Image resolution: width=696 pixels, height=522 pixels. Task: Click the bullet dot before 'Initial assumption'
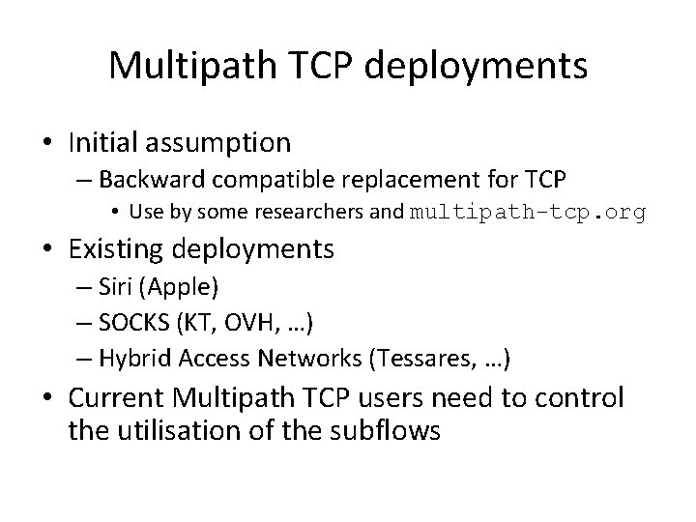(x=50, y=144)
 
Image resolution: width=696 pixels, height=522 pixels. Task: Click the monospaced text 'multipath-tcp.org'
(x=528, y=213)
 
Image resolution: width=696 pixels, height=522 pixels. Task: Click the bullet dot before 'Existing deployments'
(x=50, y=250)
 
